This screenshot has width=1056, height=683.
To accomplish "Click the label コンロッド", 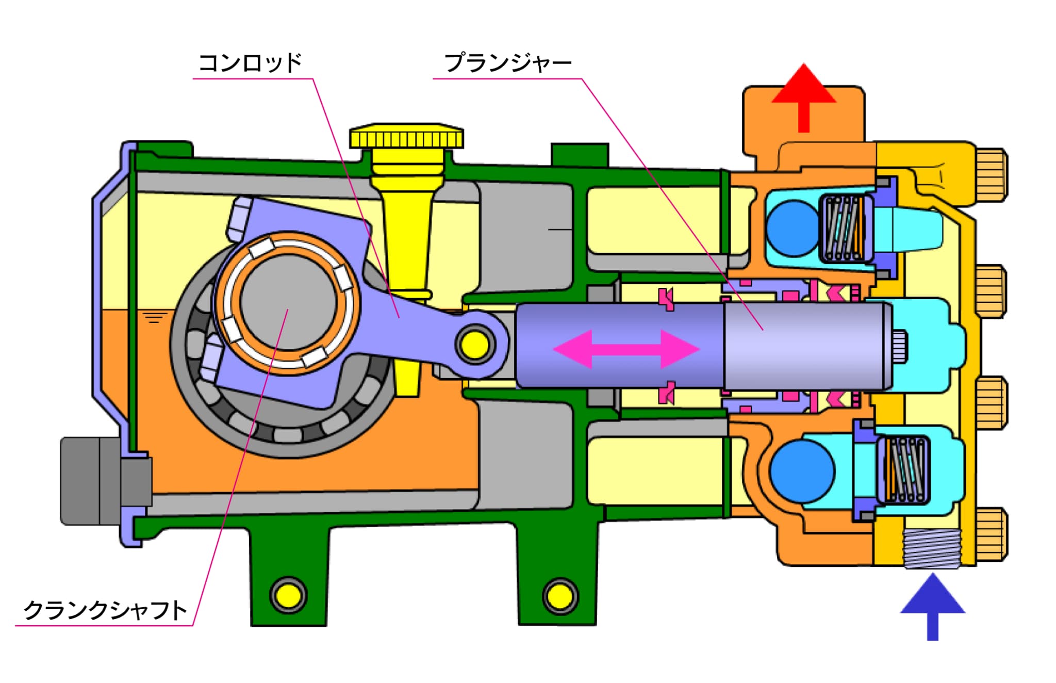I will click(250, 63).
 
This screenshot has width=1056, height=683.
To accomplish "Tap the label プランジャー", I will click(508, 63).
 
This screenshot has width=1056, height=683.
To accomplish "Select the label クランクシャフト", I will click(105, 610).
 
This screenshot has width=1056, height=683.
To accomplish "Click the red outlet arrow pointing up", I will click(803, 98).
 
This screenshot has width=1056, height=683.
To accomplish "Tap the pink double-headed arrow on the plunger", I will click(626, 349).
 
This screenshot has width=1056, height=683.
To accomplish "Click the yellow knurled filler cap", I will click(406, 136).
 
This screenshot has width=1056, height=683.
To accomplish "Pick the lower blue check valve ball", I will click(802, 470).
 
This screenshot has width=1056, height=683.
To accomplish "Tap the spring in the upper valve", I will click(844, 228).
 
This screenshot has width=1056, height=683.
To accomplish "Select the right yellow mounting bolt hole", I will click(560, 596).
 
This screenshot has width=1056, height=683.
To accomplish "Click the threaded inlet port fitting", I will click(932, 549).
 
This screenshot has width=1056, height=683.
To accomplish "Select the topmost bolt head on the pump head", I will click(991, 174).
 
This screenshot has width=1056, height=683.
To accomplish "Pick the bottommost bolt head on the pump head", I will click(991, 534).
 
